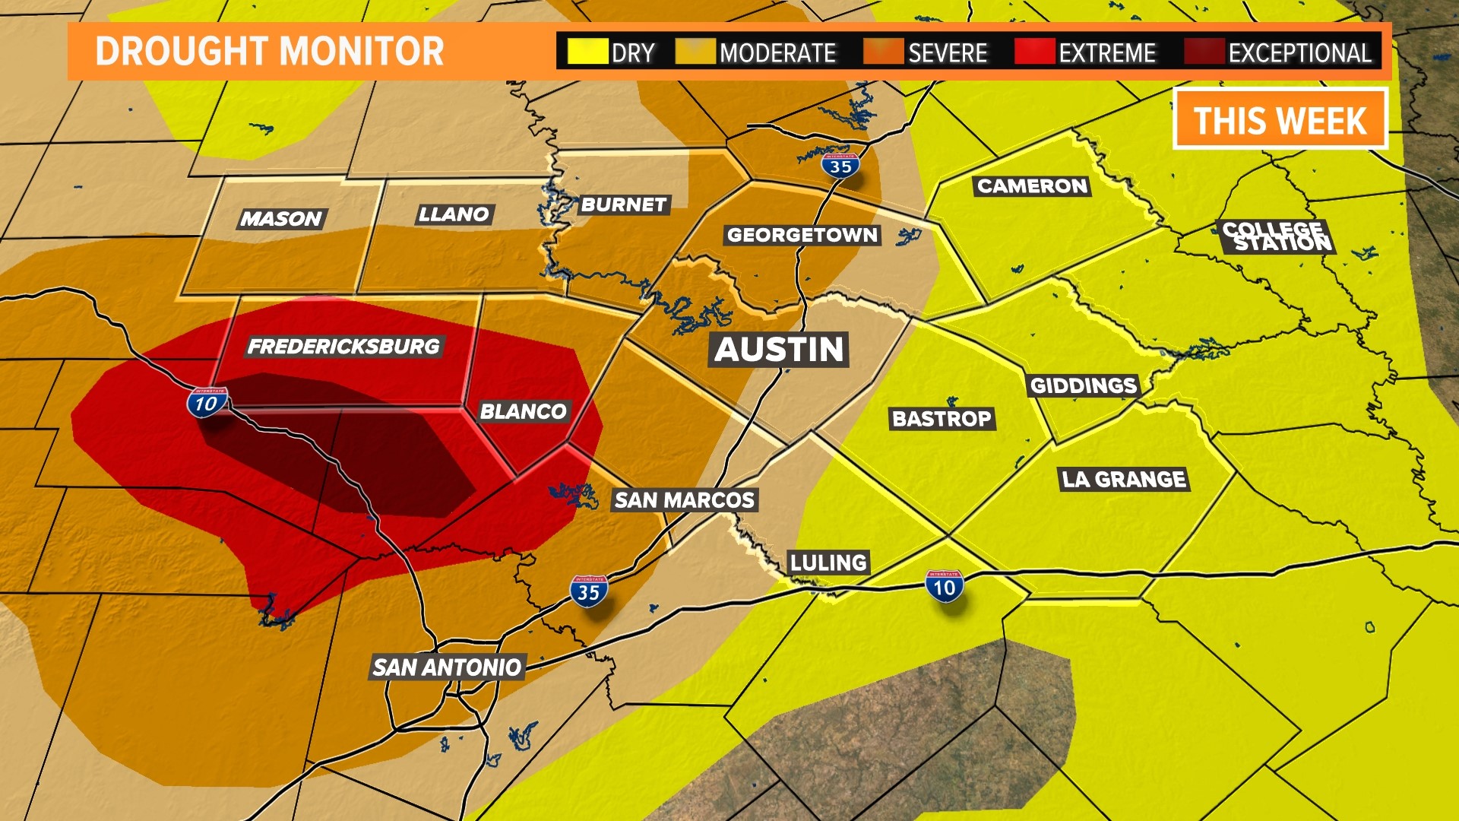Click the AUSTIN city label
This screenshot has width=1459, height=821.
point(779,350)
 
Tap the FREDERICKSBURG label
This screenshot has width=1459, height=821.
point(343,347)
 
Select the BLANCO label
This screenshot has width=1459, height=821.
point(524,412)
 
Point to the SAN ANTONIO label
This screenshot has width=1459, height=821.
point(447,667)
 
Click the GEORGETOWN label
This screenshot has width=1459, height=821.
point(802,235)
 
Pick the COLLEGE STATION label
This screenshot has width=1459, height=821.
point(1277,236)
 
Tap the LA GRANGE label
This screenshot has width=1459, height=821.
point(1124,480)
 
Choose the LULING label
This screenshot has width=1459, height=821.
point(828,563)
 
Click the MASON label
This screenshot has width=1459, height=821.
point(282,219)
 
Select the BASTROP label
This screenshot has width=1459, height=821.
point(942,419)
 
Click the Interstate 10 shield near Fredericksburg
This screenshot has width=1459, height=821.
point(207,402)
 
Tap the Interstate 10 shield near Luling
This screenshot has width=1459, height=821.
point(945,586)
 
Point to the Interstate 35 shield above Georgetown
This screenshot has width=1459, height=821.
point(840,166)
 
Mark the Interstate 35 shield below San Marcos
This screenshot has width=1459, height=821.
point(589,591)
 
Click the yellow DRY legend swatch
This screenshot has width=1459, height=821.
point(587,52)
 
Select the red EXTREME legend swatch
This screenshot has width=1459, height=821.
point(1035,52)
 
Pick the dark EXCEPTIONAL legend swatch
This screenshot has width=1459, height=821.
point(1204,52)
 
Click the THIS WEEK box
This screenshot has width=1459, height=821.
point(1280,119)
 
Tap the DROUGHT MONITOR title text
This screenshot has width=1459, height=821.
point(270,52)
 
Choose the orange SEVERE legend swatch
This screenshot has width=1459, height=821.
point(884,52)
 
